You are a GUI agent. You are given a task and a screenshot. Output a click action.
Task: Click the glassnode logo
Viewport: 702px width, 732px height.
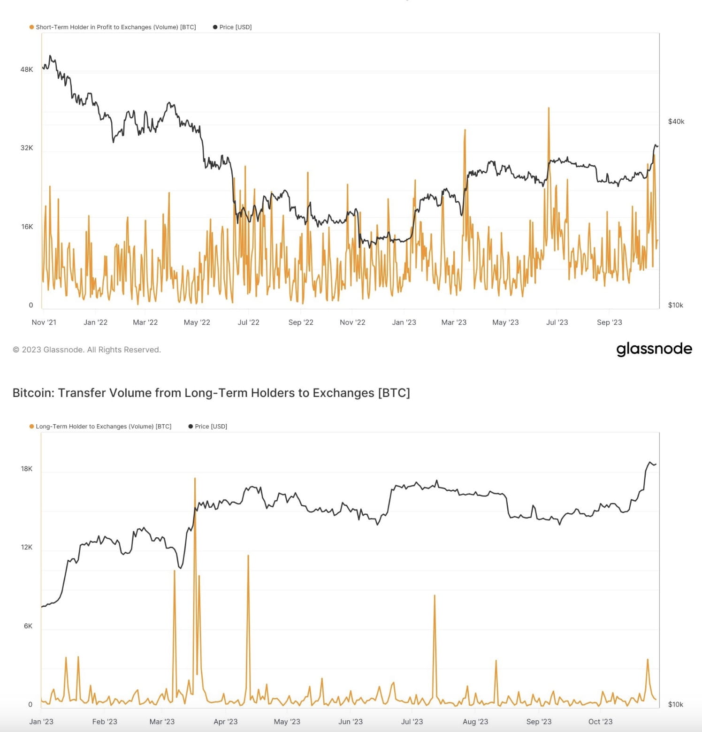(654, 349)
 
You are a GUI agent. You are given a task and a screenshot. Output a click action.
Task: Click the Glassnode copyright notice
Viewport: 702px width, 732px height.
(87, 350)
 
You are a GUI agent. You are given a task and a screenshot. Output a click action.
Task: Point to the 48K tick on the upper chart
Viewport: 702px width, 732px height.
(27, 69)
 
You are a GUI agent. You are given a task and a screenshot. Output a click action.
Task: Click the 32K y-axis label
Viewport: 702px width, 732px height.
(27, 148)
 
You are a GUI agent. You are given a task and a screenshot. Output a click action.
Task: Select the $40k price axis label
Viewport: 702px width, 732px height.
(676, 122)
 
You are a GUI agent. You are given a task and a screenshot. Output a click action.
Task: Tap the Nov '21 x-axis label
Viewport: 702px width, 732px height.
(44, 322)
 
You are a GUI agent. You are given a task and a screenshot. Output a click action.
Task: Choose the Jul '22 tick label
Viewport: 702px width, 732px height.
(248, 322)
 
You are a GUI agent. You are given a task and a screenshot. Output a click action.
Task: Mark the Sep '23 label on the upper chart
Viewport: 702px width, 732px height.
(609, 322)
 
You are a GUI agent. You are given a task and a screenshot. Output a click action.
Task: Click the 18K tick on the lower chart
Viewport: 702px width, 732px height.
(27, 469)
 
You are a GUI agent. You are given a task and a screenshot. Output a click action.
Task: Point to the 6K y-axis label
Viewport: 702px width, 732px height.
(28, 626)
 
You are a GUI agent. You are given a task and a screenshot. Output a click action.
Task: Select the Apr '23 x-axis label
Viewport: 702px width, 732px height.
(225, 722)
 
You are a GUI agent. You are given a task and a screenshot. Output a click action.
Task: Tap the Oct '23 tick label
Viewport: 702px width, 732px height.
(600, 722)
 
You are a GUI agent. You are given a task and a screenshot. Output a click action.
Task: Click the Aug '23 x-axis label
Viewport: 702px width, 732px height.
(475, 722)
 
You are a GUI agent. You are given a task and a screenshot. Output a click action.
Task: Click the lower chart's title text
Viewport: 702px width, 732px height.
(211, 393)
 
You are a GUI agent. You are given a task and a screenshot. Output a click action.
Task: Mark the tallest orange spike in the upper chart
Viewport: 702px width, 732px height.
(549, 109)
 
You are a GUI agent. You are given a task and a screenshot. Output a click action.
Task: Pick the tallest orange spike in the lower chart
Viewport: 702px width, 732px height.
(195, 480)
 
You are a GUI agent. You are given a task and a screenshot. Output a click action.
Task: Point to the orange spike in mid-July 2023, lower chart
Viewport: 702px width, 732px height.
(435, 597)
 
